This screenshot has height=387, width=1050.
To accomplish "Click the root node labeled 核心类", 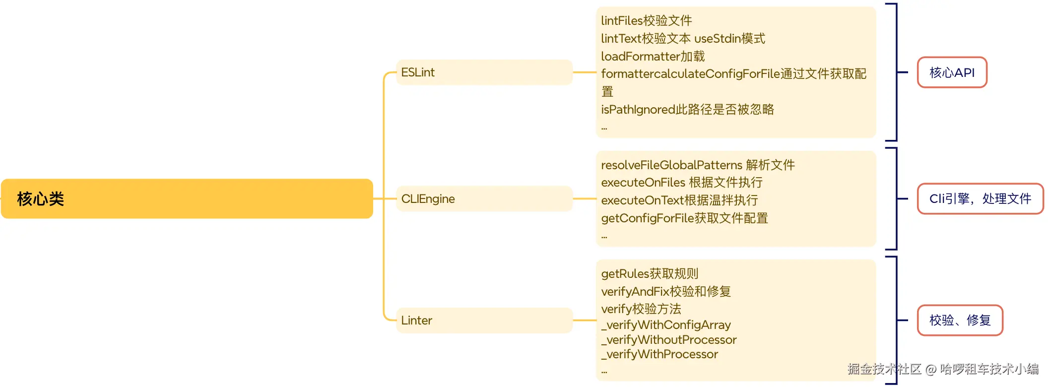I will pos(187,199).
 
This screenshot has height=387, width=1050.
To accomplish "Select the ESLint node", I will pos(484,72).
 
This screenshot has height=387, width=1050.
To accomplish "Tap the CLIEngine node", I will pos(484,199).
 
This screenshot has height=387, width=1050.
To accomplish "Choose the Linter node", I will pos(484,321).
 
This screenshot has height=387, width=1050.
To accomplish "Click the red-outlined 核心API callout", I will pos(952,72).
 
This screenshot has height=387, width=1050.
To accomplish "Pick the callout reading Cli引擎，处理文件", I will pos(980,199).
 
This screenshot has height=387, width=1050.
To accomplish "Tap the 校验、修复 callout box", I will pos(960,321).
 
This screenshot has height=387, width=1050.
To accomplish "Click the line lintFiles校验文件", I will pos(646,21).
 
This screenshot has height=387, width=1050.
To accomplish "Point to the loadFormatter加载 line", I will pos(653,57).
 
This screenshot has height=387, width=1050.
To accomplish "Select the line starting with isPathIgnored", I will pos(687,110).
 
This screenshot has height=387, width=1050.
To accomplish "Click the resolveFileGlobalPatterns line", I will pos(698,165).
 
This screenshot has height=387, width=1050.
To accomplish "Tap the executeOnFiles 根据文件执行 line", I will pos(682,183).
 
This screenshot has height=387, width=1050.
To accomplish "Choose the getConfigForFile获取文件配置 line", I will pos(684,218).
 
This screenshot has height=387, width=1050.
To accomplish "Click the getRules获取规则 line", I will pos(650,274).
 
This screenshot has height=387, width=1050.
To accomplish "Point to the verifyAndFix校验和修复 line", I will pos(666,292).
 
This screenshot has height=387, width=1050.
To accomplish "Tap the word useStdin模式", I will pos(729,39).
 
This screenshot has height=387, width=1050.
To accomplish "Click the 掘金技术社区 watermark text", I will pos(884,369).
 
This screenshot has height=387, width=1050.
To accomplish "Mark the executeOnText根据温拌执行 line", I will pos(679,200).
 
